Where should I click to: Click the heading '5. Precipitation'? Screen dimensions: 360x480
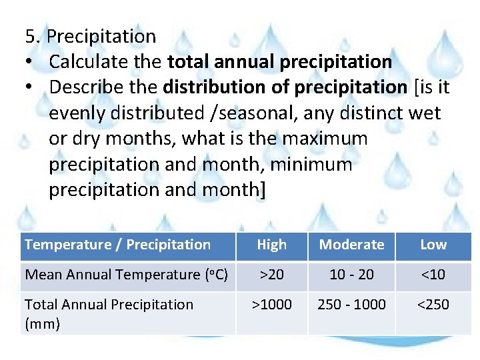point(90,36)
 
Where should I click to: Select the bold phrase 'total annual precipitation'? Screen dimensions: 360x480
point(279,62)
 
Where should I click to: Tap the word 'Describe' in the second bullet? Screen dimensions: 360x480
point(91,87)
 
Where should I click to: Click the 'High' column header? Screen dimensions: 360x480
point(271,245)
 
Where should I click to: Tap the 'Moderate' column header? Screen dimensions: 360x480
point(351,245)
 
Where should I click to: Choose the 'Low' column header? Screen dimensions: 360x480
point(433,245)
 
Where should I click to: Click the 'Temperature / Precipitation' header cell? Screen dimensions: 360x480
point(117,245)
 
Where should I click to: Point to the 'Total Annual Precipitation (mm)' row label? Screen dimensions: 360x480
point(109,313)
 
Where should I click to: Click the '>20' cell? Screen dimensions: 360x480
point(271,275)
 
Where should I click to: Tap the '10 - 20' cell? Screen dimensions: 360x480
point(351,275)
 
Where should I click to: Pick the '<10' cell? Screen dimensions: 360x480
point(433,275)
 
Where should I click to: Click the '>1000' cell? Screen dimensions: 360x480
point(271,305)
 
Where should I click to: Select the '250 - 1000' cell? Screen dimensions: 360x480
point(351,305)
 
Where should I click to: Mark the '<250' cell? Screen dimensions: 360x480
point(433,305)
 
